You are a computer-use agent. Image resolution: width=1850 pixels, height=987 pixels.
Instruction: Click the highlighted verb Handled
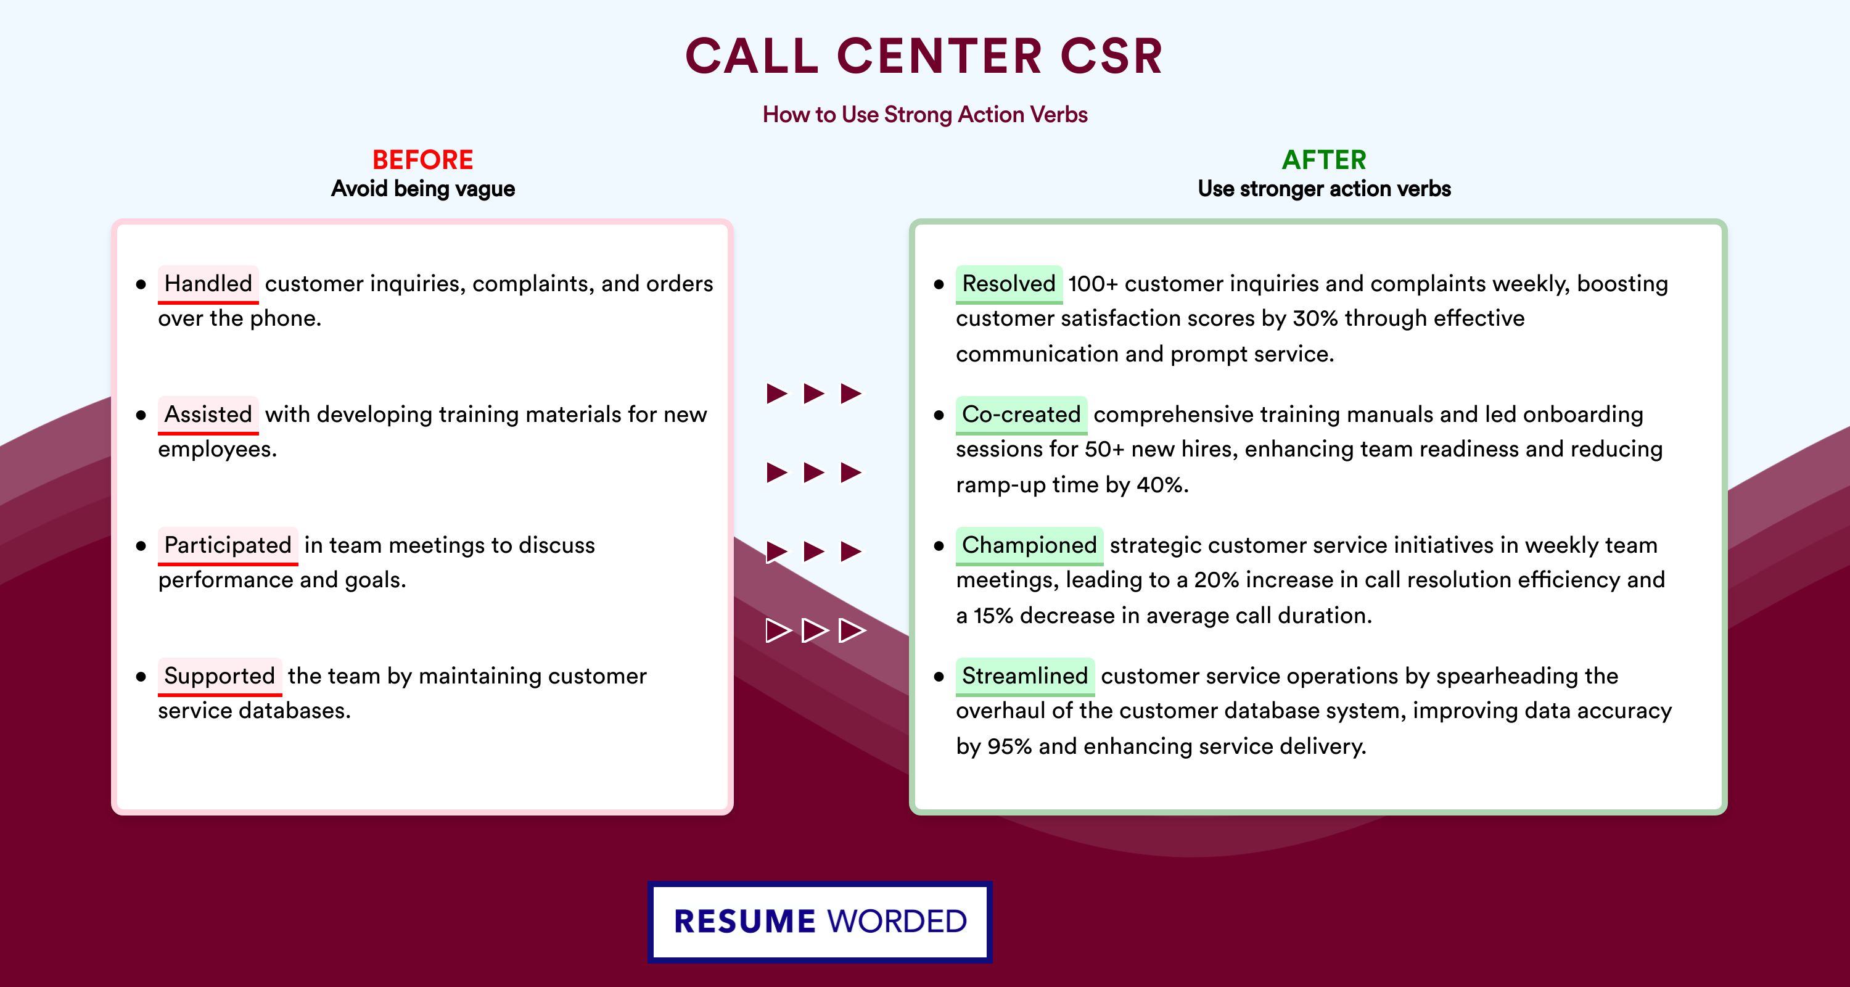[x=208, y=284]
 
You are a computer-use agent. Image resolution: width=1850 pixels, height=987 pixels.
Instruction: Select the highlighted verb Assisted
[x=208, y=415]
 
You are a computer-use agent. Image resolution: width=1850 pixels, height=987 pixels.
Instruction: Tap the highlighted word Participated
[x=228, y=545]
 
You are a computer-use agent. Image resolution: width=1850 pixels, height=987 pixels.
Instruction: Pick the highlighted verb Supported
[x=220, y=676]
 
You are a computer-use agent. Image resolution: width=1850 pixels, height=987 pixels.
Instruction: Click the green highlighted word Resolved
[x=1009, y=284]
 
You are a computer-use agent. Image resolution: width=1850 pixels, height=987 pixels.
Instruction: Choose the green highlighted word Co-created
[x=1021, y=415]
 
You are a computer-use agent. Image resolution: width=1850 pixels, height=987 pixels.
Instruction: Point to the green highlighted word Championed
[x=1029, y=545]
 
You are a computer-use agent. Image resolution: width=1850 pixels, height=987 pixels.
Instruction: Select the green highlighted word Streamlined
[x=1025, y=676]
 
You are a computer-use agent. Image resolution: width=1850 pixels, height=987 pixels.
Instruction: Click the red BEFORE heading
[x=423, y=160]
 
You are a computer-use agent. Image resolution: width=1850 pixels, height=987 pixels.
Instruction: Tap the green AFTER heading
[x=1325, y=160]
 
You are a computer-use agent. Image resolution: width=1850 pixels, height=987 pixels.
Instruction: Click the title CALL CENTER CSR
[x=924, y=56]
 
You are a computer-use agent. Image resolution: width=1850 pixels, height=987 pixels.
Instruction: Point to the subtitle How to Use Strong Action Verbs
[x=925, y=114]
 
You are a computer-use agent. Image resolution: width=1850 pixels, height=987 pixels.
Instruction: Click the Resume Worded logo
[x=820, y=922]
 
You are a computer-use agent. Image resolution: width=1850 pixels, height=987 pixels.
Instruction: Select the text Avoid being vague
[x=423, y=189]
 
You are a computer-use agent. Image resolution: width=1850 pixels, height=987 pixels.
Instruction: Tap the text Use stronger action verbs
[x=1325, y=189]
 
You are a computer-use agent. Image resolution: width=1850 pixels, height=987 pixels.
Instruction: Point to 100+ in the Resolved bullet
[x=1093, y=284]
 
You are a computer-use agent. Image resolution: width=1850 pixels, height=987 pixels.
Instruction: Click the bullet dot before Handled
[x=141, y=284]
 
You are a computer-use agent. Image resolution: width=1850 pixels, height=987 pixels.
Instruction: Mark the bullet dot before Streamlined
[x=939, y=677]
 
